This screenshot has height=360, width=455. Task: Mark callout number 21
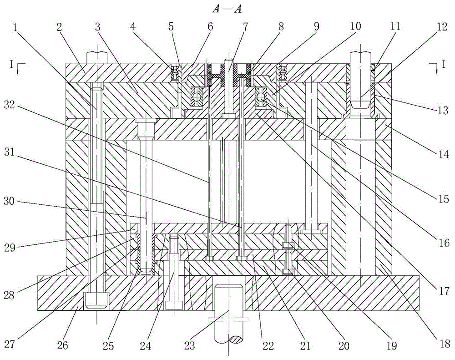(304, 346)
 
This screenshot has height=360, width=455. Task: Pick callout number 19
(390, 346)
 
